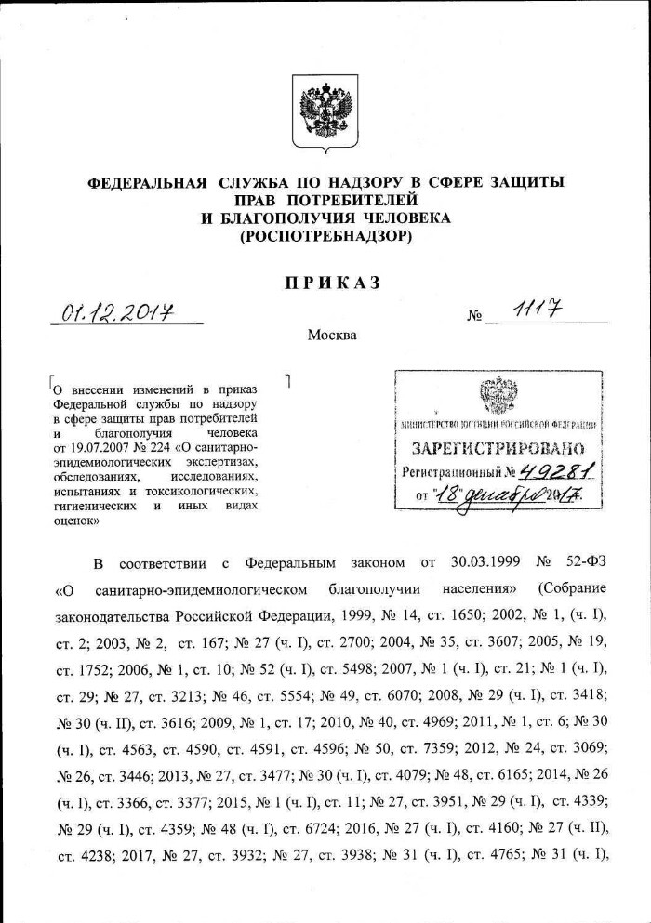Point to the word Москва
tap(331, 336)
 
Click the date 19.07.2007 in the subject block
tap(95, 447)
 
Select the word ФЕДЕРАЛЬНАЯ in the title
tap(145, 182)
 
